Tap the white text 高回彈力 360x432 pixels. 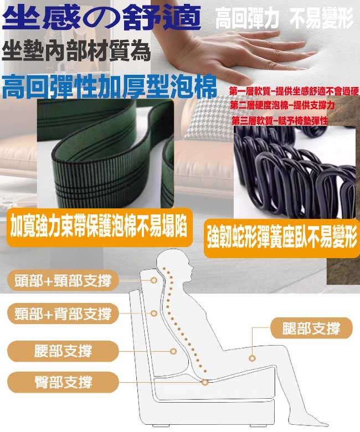(247, 19)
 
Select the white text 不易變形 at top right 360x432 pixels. (321, 19)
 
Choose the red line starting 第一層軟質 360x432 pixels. (294, 91)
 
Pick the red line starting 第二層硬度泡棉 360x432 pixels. (282, 105)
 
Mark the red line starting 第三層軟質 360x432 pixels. (280, 121)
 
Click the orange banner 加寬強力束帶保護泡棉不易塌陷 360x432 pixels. (99, 228)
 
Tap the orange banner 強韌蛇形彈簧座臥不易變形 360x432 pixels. (282, 238)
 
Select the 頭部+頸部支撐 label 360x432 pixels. (63, 281)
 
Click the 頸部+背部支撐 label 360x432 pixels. (63, 313)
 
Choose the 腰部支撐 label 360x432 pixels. (63, 351)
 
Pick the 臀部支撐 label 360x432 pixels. (63, 382)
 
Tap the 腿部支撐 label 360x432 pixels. (311, 328)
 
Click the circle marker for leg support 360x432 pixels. (252, 358)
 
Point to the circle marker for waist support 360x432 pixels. (173, 351)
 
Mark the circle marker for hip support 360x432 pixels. (205, 382)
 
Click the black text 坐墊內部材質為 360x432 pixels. (76, 51)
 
